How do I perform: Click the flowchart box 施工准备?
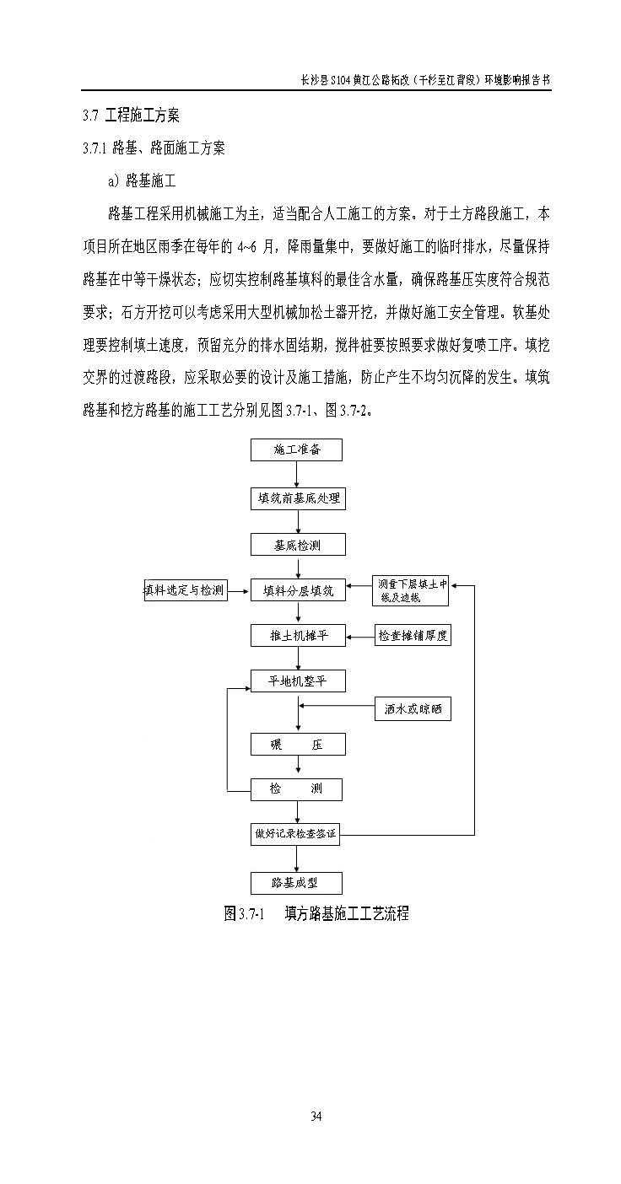click(297, 449)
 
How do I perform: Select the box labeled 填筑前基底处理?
click(297, 498)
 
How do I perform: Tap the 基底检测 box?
click(297, 546)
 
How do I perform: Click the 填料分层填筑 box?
click(297, 590)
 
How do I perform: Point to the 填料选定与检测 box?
click(186, 590)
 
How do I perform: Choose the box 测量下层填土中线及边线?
click(411, 590)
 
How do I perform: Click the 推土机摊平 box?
click(297, 635)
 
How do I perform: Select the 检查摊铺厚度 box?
click(413, 635)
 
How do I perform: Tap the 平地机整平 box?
click(297, 681)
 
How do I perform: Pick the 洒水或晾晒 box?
click(413, 710)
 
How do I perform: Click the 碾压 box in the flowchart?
click(297, 744)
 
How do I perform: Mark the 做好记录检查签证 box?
click(297, 835)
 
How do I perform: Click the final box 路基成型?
click(297, 882)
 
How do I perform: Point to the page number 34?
click(316, 1117)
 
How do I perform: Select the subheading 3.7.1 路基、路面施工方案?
click(154, 148)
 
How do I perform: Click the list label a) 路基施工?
click(142, 180)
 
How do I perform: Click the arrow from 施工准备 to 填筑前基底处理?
click(297, 474)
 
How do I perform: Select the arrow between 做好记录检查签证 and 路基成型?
click(297, 858)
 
